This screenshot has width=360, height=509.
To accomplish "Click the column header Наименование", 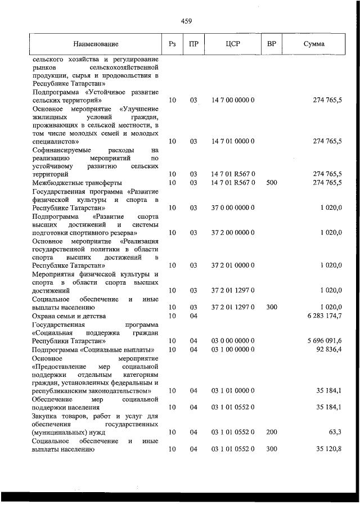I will point(96,44).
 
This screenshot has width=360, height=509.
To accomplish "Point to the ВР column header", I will point(271,44).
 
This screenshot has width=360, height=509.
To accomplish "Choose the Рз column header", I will point(172,44).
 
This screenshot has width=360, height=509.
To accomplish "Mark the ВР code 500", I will point(271,183).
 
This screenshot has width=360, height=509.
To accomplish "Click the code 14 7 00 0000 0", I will point(233,100).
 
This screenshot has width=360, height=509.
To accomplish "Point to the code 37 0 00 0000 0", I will point(233,208).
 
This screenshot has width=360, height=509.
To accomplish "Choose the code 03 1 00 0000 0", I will point(233,349).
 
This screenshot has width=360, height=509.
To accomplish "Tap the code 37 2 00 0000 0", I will point(233,232).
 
